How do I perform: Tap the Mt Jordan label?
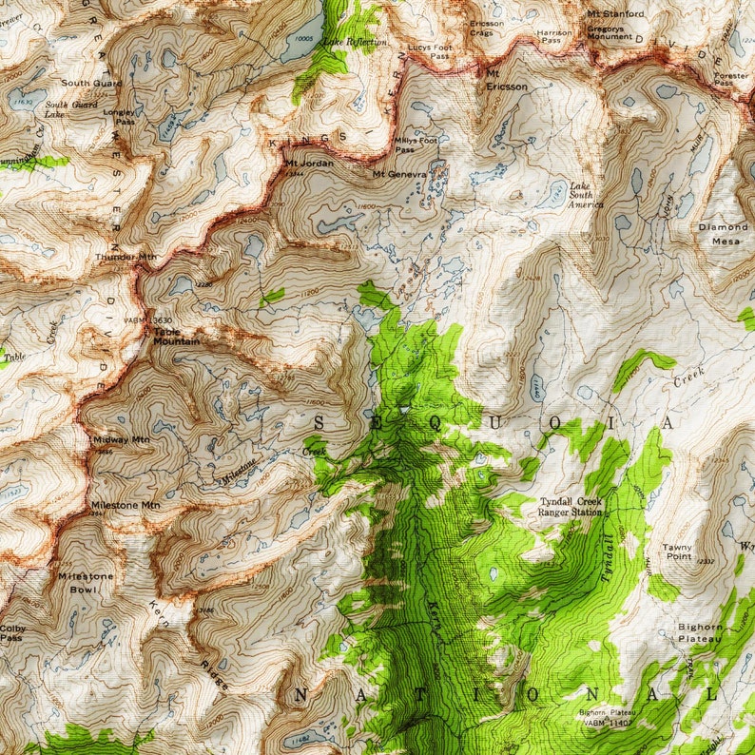(307, 163)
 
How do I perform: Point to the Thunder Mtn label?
(126, 257)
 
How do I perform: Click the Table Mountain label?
(177, 336)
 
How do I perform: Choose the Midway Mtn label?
(122, 439)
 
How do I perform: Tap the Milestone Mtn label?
(125, 504)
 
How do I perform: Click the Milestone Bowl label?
(86, 582)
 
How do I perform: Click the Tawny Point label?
(677, 552)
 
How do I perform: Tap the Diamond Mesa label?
(724, 234)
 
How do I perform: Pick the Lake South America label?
(586, 195)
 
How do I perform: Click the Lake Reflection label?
(354, 42)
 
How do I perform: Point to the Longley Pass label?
(125, 116)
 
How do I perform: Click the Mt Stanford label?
(615, 13)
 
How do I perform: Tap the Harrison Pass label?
(555, 36)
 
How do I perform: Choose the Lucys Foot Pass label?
(429, 50)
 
